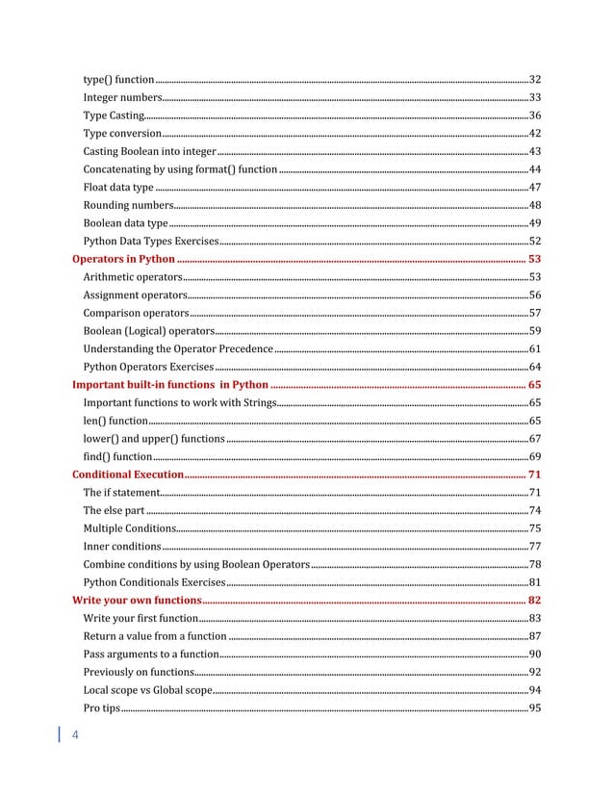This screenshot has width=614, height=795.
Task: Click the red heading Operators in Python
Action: click(124, 259)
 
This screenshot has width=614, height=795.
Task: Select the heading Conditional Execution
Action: click(128, 474)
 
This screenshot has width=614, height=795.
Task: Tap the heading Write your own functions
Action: click(137, 600)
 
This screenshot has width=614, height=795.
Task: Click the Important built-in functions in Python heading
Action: click(170, 385)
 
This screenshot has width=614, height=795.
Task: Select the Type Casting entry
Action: click(114, 115)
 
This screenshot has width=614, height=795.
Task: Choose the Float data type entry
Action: click(118, 187)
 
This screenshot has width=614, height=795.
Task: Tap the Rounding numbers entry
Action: click(127, 205)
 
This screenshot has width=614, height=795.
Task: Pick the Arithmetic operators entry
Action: click(133, 277)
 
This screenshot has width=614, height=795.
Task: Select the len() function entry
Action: click(115, 421)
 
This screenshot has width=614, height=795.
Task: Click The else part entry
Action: click(114, 510)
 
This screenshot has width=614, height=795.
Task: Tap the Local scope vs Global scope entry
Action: click(147, 690)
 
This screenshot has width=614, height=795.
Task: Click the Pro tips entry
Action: click(101, 708)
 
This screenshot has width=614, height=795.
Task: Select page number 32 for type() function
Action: click(535, 79)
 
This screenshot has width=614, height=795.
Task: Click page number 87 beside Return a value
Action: click(535, 636)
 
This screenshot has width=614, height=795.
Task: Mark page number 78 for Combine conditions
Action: click(535, 564)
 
